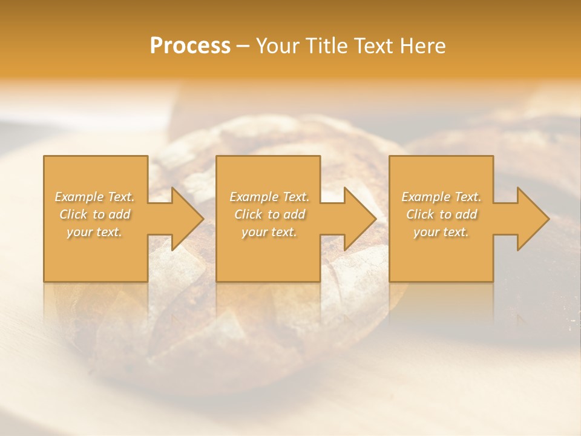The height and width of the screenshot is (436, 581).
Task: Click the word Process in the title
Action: click(190, 46)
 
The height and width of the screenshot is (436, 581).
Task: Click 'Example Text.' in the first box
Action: click(95, 197)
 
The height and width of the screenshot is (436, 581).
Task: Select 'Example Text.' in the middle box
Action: click(269, 197)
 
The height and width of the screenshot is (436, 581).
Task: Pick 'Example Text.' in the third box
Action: click(441, 197)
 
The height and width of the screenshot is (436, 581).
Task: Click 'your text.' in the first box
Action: click(94, 232)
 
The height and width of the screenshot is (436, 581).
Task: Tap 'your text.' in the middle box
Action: click(269, 232)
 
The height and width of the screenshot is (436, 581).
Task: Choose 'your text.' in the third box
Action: click(441, 232)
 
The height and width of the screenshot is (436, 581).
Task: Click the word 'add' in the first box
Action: click(120, 214)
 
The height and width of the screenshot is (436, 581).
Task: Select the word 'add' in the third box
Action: click(466, 214)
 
